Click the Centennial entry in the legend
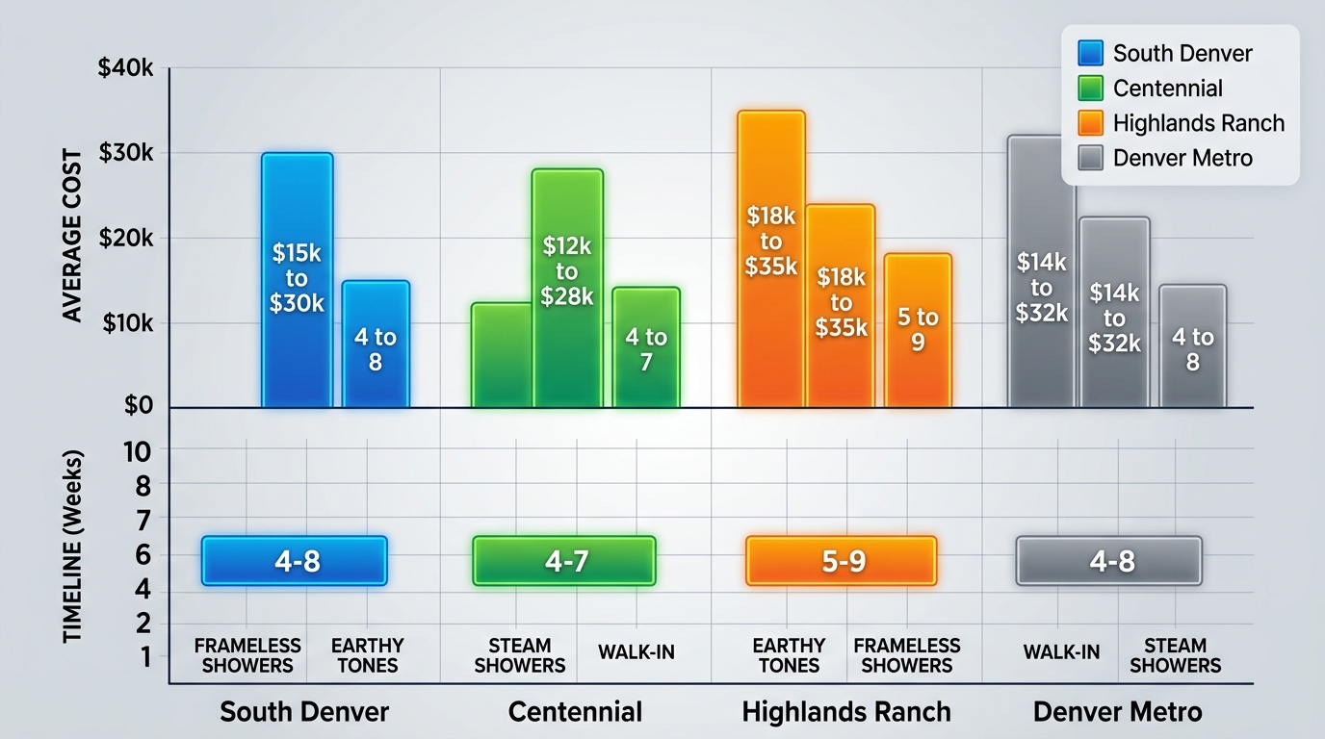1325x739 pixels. pos(1167,89)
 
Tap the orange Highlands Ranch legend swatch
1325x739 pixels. pos(1091,123)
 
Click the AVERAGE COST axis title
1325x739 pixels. pos(72,237)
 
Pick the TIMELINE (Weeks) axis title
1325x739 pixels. pos(72,546)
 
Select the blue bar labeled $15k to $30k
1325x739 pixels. pos(297,279)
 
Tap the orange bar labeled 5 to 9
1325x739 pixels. pos(918,329)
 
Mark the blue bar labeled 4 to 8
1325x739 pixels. pos(376,344)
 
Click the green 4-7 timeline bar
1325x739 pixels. pos(564,561)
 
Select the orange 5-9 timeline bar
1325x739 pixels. pos(841,561)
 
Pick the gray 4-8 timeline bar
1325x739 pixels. pos(1109,561)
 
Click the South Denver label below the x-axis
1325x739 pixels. pos(304,712)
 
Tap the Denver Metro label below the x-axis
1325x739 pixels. pos(1117,712)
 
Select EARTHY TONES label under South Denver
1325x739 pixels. pos(367,655)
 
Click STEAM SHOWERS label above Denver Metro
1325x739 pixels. pos(1175,655)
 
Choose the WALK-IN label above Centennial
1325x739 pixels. pos(636,652)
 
